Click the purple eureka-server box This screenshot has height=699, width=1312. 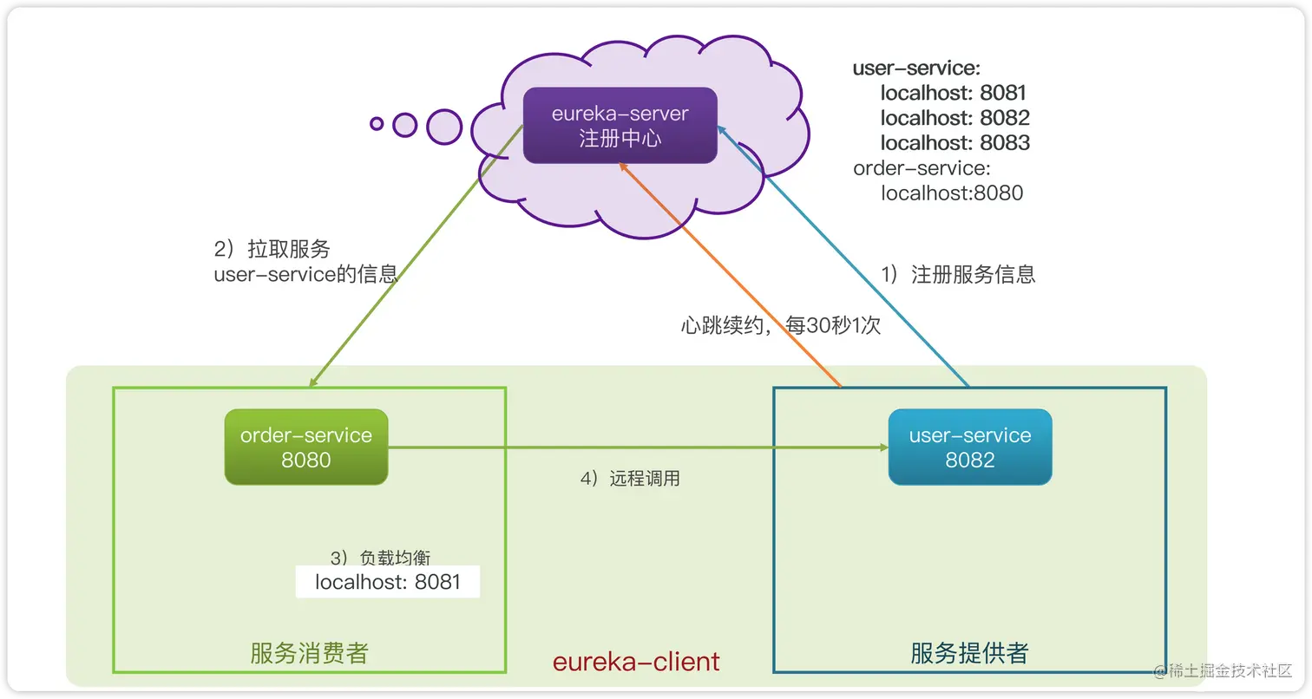tap(620, 126)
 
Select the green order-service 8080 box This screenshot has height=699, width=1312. tap(305, 447)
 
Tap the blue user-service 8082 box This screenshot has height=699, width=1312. tap(969, 447)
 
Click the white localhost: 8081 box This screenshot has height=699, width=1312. tap(387, 582)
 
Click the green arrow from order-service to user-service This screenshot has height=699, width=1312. tap(638, 448)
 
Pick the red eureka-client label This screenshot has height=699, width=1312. tap(636, 662)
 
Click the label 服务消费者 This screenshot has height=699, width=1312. tap(310, 653)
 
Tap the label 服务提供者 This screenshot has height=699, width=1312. tap(969, 653)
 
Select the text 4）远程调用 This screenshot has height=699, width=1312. tap(629, 478)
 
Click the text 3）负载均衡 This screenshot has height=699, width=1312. tap(380, 558)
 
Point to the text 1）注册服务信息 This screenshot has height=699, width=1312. tap(958, 275)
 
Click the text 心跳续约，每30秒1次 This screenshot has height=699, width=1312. tap(781, 326)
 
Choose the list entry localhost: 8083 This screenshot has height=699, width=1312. tap(954, 142)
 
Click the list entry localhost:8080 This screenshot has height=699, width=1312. tap(952, 193)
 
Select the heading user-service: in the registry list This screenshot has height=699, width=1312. tap(916, 68)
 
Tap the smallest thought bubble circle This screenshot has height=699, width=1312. tap(377, 123)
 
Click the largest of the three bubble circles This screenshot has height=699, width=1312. tap(444, 127)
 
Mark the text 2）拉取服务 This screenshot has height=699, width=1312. tap(272, 249)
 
